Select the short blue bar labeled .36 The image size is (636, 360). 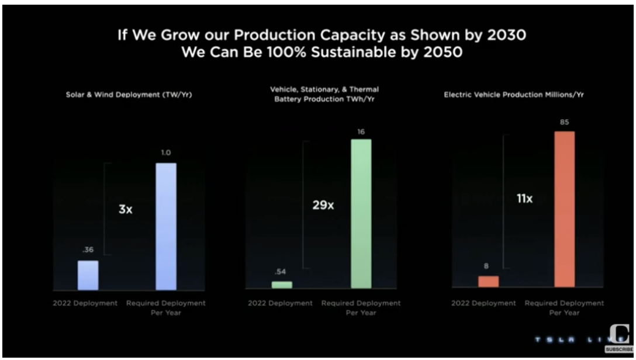[88, 275]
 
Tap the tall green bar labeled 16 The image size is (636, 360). [361, 213]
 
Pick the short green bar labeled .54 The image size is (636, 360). [282, 285]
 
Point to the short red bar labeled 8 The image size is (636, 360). [488, 281]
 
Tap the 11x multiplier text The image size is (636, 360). [524, 199]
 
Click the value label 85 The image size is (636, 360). [564, 123]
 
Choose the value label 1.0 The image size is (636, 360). [166, 153]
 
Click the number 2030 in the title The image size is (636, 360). [504, 35]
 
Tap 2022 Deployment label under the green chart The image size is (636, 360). [280, 303]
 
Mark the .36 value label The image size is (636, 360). [88, 250]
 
